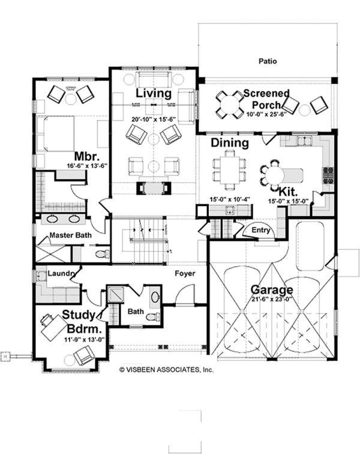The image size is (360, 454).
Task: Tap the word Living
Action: (x=153, y=94)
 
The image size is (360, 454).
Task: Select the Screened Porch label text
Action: (x=266, y=99)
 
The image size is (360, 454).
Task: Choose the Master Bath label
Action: (x=70, y=235)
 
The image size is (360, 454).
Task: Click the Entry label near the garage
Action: (x=261, y=230)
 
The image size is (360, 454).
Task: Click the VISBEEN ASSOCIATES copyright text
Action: (x=166, y=371)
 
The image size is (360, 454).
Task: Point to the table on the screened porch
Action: (x=228, y=103)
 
